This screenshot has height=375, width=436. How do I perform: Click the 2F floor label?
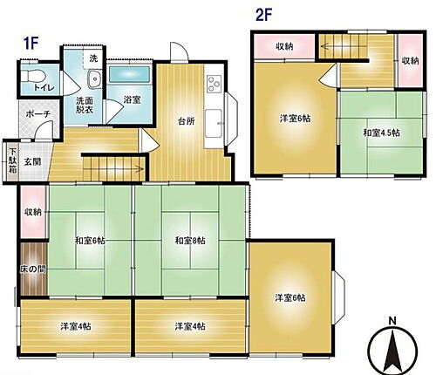(262, 15)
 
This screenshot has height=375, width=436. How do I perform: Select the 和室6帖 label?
(90, 240)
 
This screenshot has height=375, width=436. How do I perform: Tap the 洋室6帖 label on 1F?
(290, 297)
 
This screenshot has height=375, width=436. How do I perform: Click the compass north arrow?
(393, 349)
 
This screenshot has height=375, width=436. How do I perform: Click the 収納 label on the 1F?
(33, 211)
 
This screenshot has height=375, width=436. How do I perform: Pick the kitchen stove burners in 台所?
(213, 85)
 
